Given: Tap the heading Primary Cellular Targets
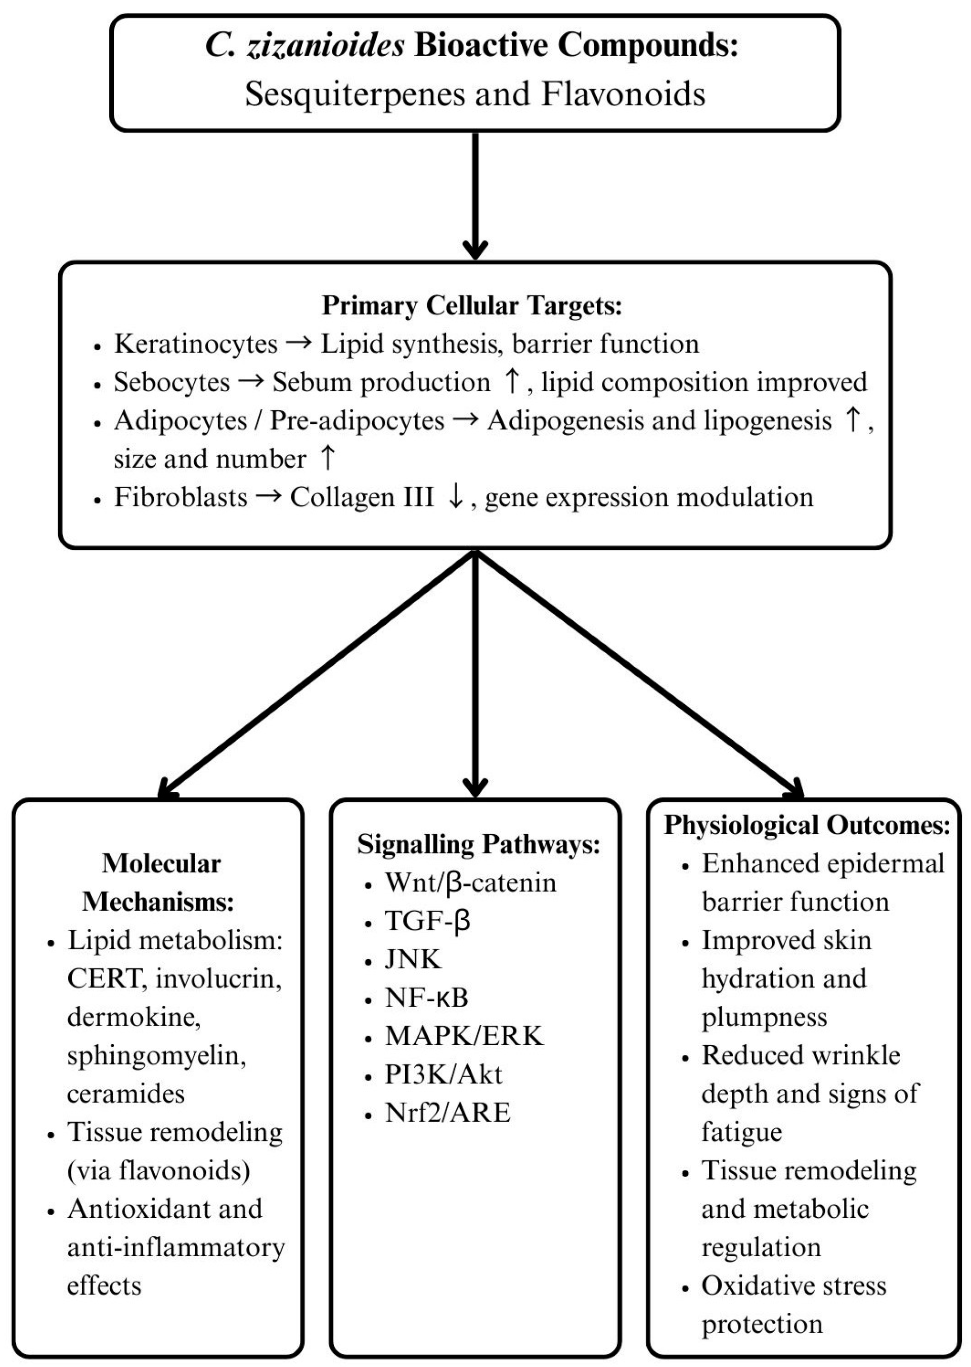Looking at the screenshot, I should (x=472, y=306).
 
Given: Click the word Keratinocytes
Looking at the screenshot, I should (x=196, y=344).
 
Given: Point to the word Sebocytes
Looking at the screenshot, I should (x=171, y=382).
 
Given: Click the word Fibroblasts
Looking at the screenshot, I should (x=181, y=497).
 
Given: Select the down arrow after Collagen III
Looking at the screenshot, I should (x=456, y=497).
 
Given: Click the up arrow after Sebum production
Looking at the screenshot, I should (x=512, y=382).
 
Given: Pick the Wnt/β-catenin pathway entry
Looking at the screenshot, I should (x=470, y=883).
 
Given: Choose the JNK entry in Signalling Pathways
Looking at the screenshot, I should (x=413, y=959).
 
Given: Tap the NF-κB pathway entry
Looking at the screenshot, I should (x=426, y=998).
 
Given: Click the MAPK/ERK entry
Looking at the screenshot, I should (x=464, y=1036).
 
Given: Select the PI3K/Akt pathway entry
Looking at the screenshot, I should (x=443, y=1074).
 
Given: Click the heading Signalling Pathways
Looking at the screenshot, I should (x=478, y=844).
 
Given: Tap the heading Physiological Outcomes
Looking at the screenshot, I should (x=807, y=825).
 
